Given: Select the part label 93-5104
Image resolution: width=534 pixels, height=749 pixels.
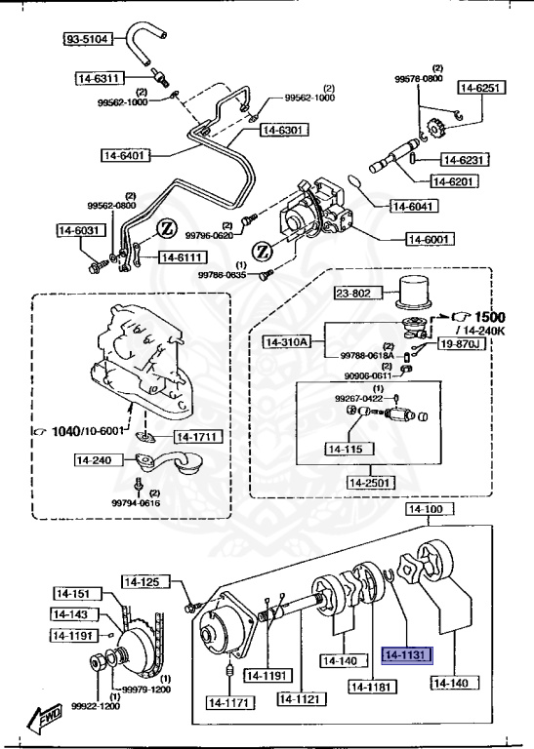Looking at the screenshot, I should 89,39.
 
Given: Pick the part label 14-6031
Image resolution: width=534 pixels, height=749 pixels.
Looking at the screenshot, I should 79,230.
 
